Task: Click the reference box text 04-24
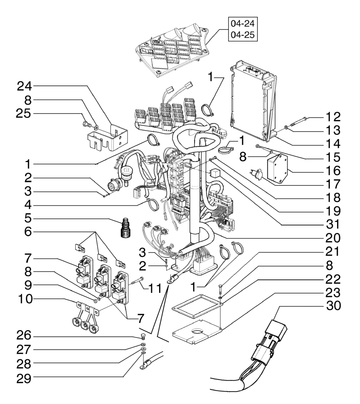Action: click(x=242, y=23)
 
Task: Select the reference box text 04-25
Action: click(x=242, y=35)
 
